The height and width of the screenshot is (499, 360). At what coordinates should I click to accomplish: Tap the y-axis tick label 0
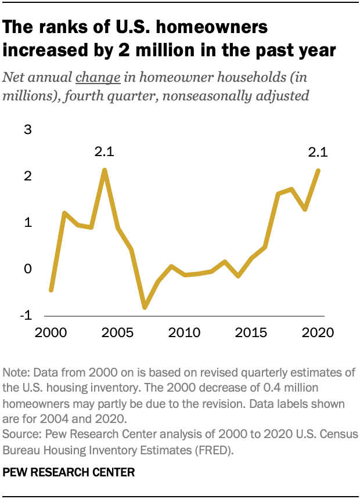[27, 269]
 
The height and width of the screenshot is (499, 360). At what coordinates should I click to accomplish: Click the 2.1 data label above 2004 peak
[104, 153]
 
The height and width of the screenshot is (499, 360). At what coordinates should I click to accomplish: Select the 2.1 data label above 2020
[318, 153]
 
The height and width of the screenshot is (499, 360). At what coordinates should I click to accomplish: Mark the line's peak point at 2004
[105, 170]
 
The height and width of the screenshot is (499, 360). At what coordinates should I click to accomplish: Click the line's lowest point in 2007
[145, 307]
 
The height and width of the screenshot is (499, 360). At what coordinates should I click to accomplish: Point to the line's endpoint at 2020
[318, 170]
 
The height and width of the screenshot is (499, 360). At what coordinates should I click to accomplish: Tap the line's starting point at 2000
[51, 290]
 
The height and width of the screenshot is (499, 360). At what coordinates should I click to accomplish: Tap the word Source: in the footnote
[22, 434]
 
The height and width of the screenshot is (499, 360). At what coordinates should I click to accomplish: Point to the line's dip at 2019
[305, 209]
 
